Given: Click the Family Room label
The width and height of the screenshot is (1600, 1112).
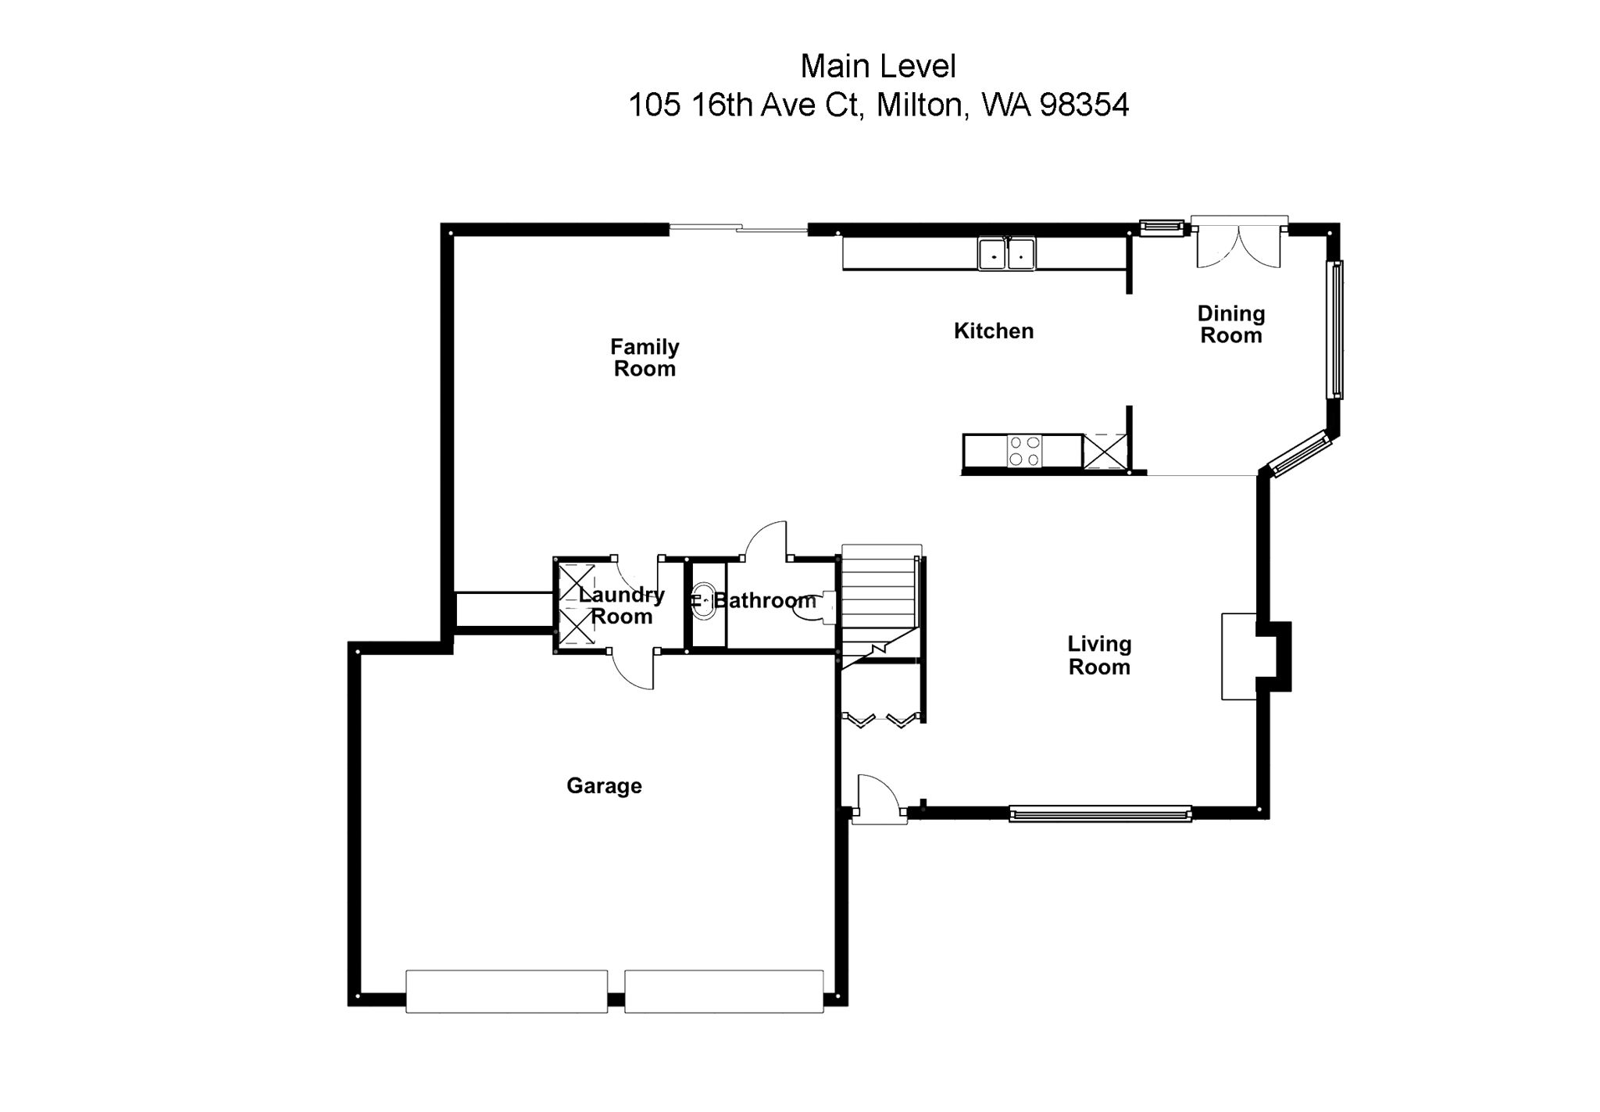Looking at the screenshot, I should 645,358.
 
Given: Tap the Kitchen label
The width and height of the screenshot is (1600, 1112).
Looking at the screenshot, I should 993,331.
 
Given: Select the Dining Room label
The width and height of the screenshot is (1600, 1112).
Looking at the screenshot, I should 1230,324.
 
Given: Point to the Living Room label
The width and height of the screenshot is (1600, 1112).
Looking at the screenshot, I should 1099,656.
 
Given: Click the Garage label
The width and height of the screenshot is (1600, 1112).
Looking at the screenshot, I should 604,786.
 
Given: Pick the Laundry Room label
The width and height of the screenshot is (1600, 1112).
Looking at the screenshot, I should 621,606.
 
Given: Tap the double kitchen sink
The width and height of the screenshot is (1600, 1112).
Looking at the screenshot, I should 1006,254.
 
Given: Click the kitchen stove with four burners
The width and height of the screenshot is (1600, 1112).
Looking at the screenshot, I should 1024,451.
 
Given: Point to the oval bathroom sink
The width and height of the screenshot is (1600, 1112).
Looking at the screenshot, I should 705,601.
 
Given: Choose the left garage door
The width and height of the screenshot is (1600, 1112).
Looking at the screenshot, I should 506,992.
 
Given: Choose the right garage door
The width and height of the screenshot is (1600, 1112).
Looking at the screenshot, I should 723,992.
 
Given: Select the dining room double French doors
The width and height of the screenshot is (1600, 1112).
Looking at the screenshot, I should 1238,242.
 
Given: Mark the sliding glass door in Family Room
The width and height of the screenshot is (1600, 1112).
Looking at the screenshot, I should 738,228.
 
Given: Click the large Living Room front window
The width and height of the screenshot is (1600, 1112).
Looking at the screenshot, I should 1100,813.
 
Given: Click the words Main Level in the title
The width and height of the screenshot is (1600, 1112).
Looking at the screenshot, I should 878,67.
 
